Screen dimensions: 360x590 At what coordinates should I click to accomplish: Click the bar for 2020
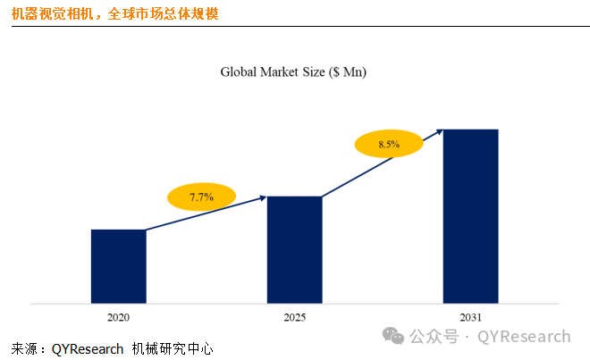tap(118, 266)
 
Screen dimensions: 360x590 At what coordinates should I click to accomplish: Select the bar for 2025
tap(295, 249)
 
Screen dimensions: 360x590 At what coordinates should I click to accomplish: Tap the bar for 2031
tap(471, 216)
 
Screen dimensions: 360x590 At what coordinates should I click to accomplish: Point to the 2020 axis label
tap(118, 317)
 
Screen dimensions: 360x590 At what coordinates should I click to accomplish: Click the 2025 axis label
tap(295, 317)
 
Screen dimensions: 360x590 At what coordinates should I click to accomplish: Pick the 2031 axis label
tap(471, 317)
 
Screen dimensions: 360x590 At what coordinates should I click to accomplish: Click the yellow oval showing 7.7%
tap(201, 197)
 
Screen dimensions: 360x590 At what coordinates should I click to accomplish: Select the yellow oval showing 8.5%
tap(389, 144)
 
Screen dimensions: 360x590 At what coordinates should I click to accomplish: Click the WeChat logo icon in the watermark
tap(393, 337)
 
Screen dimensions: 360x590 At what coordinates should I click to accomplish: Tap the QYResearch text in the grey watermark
tap(524, 337)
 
